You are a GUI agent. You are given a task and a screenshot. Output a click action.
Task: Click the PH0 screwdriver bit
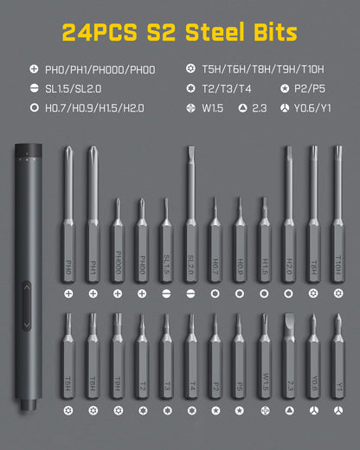67,234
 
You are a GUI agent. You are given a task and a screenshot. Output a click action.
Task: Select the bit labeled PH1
92,234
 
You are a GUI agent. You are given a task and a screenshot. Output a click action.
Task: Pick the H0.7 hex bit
215,247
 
